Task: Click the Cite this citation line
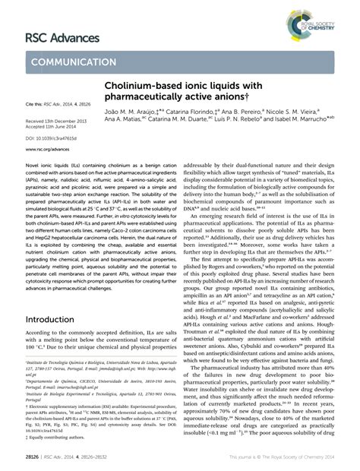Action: coord(58,102)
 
